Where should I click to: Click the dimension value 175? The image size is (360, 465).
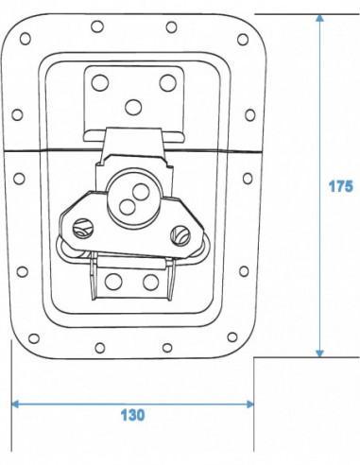341,186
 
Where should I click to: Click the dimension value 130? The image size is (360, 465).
132,415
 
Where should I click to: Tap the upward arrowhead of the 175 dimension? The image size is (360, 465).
319,18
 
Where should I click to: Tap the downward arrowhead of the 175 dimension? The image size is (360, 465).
319,353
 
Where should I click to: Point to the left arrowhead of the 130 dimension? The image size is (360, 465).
15,405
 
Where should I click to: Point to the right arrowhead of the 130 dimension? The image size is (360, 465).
250,405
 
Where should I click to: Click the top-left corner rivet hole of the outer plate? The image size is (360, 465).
26,39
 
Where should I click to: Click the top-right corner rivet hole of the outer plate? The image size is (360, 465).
243,40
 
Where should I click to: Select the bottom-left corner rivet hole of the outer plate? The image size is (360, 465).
34,338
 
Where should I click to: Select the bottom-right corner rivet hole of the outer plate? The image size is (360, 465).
232,337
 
